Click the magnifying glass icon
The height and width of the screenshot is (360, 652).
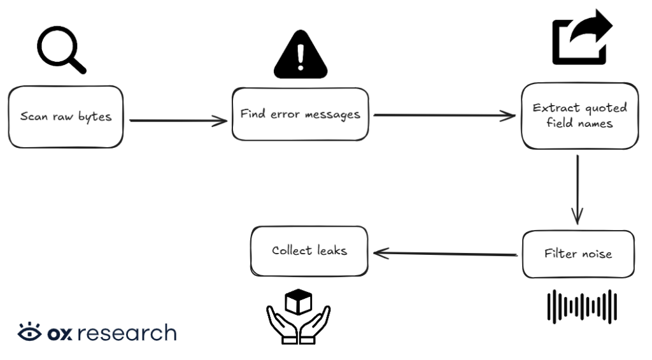pos(60,50)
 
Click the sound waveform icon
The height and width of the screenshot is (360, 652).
pos(582,306)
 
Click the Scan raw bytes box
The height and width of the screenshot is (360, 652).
pos(66,117)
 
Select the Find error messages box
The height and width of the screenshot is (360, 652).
pos(300,115)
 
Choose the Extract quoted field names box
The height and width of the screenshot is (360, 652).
pos(579,115)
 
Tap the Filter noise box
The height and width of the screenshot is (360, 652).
pos(578,254)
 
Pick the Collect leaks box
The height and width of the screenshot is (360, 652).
pos(309,251)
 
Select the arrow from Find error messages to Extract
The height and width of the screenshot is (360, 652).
pos(444,115)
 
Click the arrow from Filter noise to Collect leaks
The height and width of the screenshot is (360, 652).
pos(445,254)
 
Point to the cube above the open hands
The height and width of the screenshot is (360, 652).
pos(298,302)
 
